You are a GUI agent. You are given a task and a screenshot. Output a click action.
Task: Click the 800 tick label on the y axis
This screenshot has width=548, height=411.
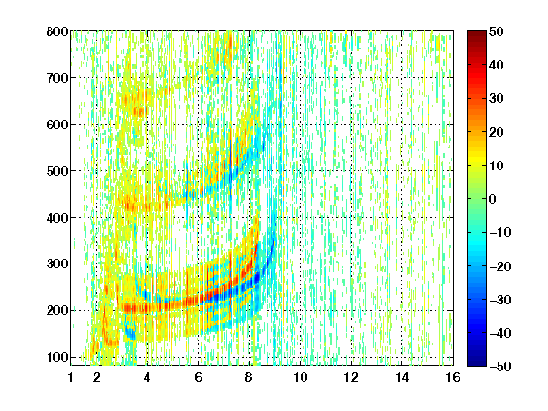point(57,31)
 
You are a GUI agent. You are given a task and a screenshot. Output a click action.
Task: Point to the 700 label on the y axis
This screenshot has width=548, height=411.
point(57,78)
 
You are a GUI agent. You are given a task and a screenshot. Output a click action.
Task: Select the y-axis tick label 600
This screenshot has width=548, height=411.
point(57,125)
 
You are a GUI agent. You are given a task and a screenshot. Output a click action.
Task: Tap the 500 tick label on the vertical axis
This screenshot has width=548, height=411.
point(57,171)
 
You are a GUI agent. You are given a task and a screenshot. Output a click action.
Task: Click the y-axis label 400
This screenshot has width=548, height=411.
point(57,218)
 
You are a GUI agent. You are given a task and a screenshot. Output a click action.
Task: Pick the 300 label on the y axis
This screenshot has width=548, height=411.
point(57,264)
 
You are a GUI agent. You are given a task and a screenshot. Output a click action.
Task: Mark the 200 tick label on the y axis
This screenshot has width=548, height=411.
point(57,311)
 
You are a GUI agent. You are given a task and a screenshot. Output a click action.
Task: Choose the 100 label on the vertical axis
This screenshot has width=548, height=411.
point(57,357)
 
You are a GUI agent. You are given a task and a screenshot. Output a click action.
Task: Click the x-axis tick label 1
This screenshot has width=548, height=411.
point(71,377)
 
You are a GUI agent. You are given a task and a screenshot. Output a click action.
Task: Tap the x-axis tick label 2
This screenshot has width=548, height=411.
point(97,377)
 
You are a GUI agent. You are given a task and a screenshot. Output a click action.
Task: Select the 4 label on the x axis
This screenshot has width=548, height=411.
point(147,377)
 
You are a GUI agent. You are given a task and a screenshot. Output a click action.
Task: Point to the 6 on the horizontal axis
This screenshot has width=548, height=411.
point(198,377)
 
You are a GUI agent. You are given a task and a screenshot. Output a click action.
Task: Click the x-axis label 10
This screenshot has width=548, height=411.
point(301,377)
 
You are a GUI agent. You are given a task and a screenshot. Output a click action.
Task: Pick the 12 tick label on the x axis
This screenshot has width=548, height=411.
point(351,377)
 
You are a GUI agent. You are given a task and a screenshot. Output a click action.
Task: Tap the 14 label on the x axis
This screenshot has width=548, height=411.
point(402,377)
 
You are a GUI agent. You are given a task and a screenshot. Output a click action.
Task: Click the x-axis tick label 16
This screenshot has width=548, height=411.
point(453,377)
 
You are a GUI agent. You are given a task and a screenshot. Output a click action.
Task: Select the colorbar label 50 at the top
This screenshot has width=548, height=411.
point(497,31)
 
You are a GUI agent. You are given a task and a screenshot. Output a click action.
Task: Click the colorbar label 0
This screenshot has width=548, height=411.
point(493,199)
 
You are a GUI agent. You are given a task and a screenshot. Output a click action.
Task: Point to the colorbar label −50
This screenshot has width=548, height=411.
point(500,366)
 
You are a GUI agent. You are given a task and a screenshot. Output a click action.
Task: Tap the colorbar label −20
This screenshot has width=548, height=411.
point(500,266)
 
